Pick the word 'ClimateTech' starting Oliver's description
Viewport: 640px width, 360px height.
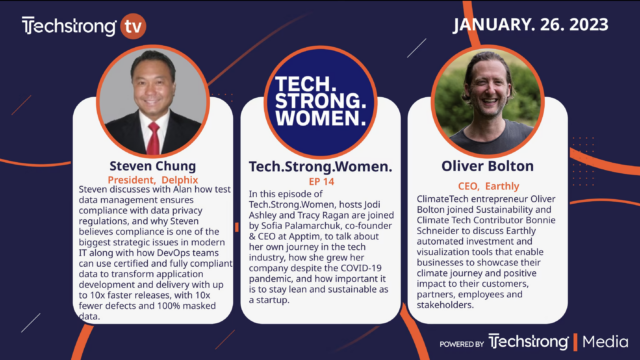tap(447, 199)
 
